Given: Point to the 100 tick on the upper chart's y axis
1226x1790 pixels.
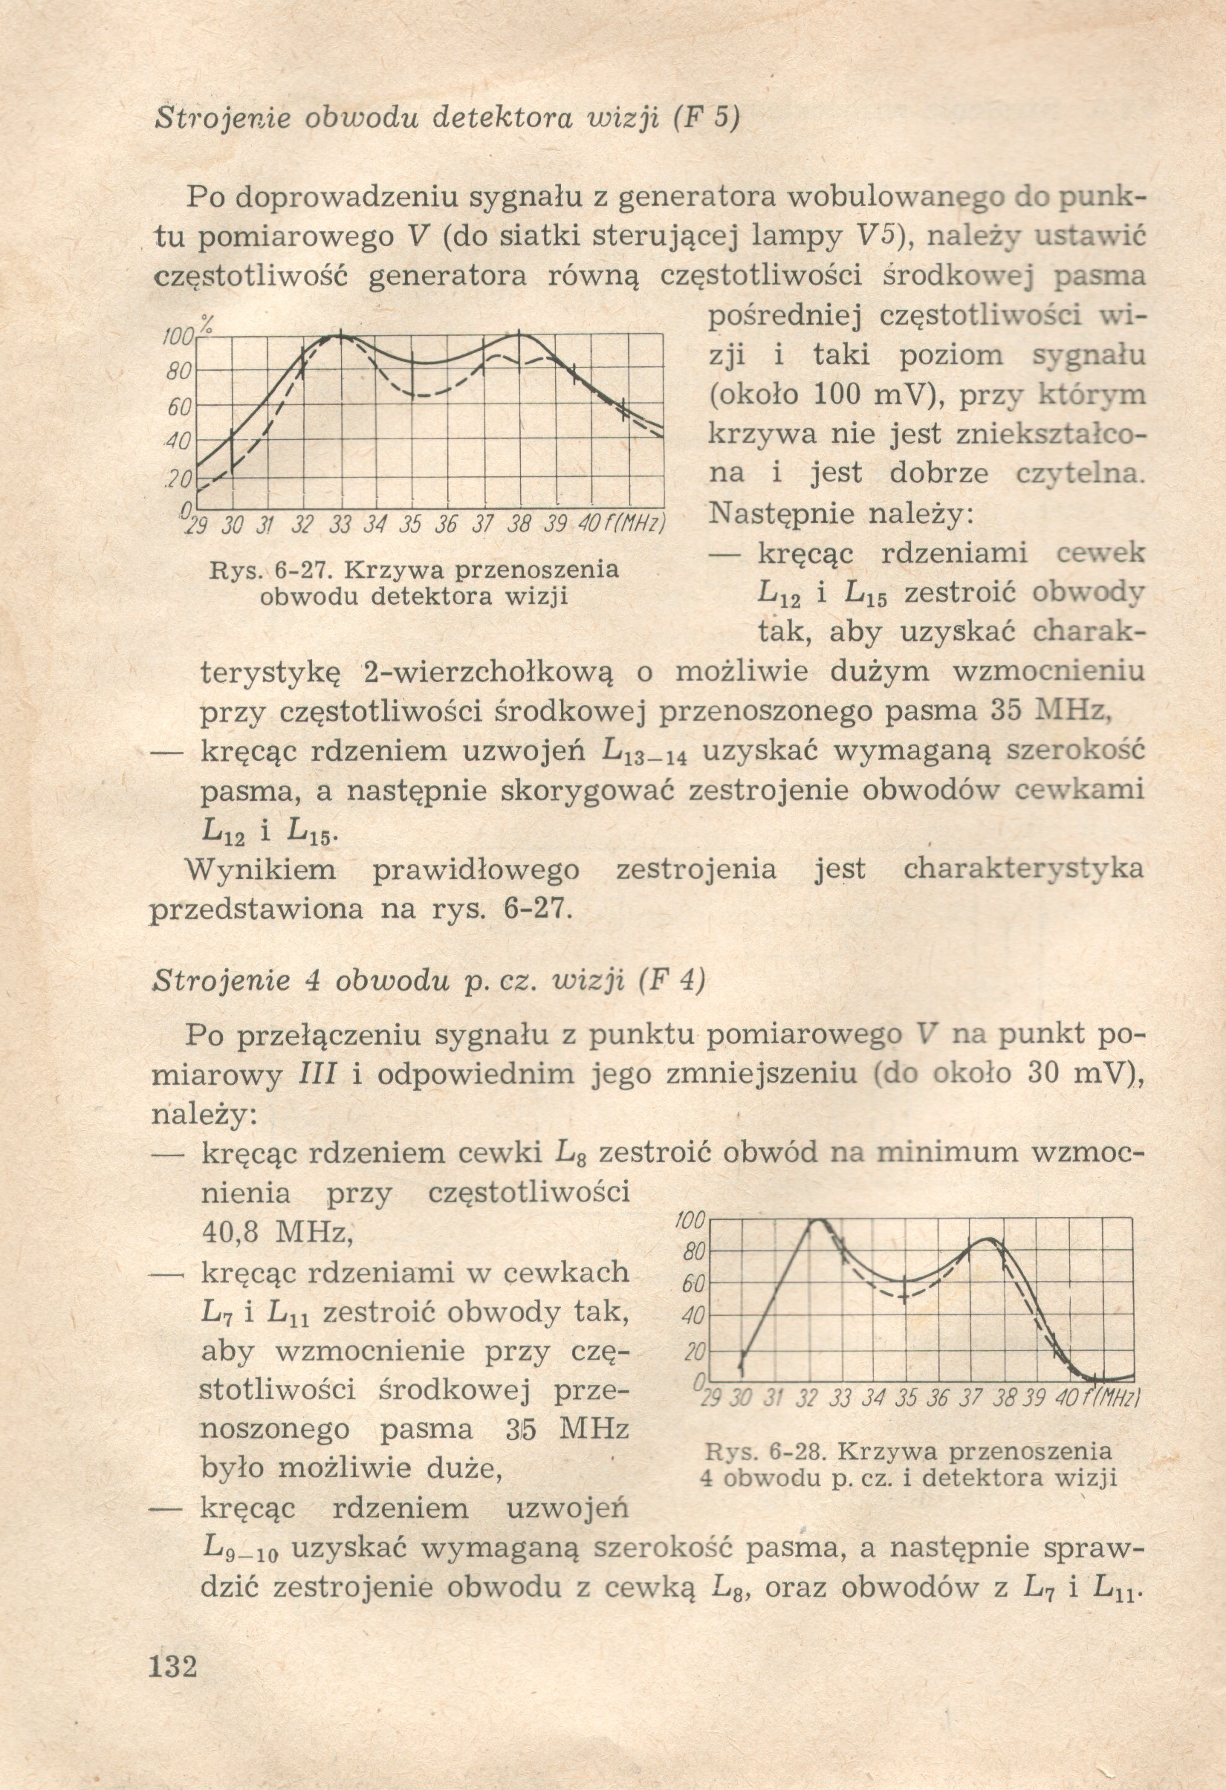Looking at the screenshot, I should point(178,337).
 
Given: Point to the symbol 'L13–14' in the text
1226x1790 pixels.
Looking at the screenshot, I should point(641,751).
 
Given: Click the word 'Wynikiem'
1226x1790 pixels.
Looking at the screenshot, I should point(262,869).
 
